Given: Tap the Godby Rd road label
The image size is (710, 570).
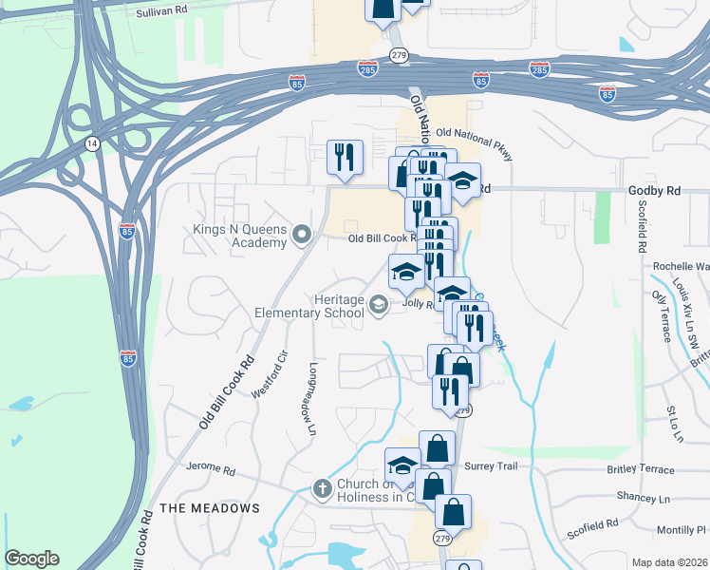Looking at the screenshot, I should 654,191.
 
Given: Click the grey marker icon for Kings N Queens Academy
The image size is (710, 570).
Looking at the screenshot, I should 303,233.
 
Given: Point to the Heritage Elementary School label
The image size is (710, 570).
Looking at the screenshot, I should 309,305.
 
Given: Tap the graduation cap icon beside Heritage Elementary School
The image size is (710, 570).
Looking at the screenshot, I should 379,304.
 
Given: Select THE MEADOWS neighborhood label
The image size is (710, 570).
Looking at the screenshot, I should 210,508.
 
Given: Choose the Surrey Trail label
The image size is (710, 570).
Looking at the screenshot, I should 491,466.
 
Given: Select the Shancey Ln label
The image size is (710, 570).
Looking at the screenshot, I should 643,498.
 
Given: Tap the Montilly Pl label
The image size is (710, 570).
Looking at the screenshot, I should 682,529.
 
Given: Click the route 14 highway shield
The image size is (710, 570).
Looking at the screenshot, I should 92,143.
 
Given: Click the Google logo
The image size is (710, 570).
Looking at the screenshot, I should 31,559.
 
